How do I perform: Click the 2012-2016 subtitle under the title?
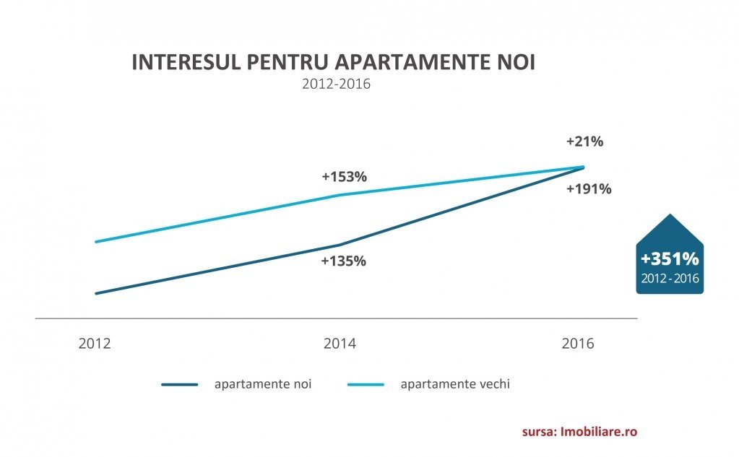pos(336,84)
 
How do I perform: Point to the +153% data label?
pos(345,176)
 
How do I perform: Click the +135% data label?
pos(343,261)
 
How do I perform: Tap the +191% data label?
pos(589,189)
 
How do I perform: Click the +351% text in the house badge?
pos(670,259)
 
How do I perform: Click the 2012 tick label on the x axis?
pos(95,343)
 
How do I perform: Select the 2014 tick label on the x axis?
pos(340,343)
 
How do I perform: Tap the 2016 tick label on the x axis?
pos(578,343)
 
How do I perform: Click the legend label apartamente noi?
pos(263,384)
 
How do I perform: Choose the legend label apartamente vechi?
pos(455,384)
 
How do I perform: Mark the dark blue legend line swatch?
pos(179,385)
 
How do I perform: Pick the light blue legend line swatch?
pos(366,385)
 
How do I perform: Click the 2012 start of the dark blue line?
pos(96,293)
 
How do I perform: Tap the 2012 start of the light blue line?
pos(96,242)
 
